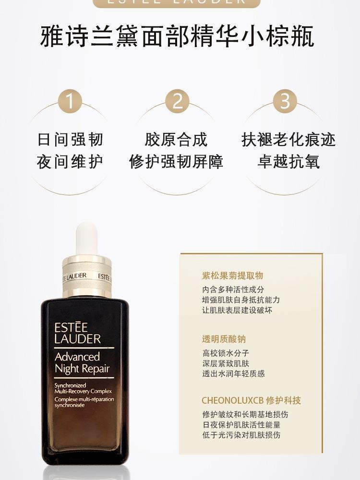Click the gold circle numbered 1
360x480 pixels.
70,101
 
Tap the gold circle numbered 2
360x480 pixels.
177,101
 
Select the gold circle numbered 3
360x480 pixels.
285,101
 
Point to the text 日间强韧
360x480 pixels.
70,140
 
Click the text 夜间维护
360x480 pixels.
70,162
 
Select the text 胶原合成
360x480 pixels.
176,140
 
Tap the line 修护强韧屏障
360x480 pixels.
176,162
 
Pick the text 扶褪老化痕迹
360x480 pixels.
288,140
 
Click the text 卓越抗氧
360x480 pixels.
288,162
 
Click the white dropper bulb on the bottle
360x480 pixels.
86,238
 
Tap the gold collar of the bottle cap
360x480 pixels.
87,276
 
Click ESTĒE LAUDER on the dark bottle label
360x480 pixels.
77,333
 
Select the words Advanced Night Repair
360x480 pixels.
82,363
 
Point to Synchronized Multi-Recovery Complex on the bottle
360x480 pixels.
83,388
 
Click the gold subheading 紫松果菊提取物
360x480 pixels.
232,276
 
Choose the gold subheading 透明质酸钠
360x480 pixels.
224,339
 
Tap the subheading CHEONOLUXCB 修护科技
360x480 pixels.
252,400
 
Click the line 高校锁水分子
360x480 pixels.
226,353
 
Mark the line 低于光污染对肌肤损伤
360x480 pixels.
241,435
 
